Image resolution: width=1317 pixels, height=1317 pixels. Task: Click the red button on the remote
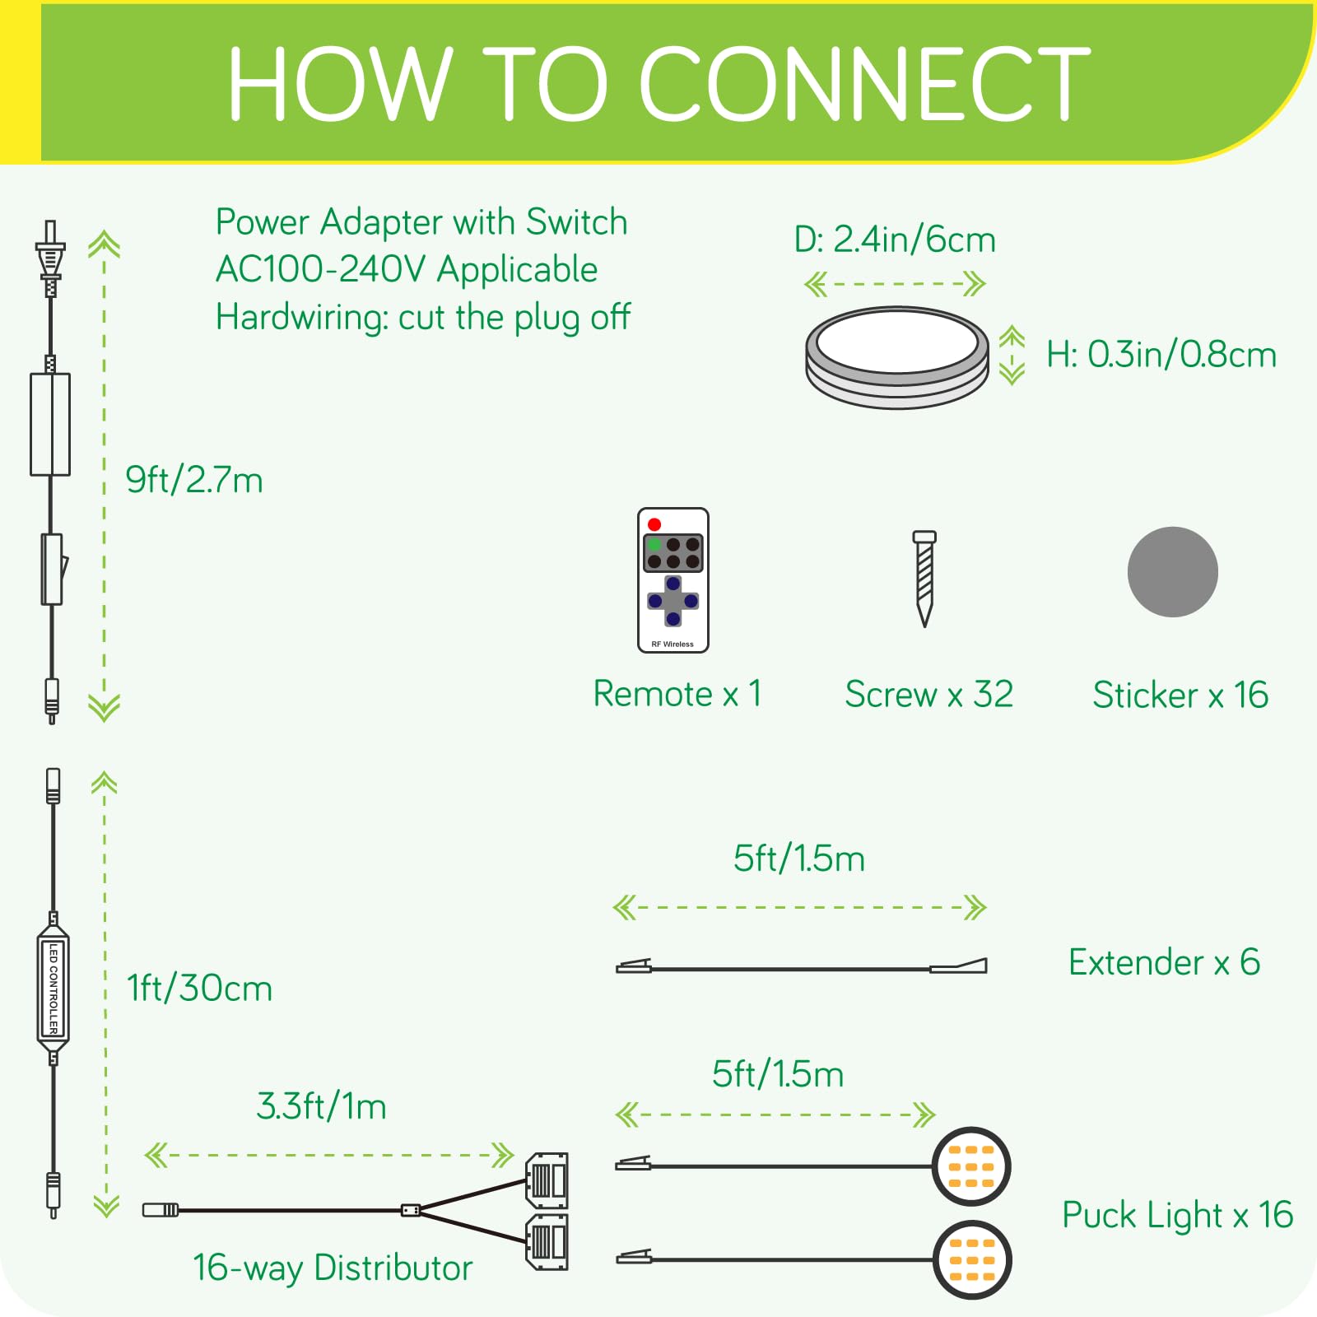coord(654,524)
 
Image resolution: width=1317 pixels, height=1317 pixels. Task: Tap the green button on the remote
coord(654,545)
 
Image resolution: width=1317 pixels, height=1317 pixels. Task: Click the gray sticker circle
coord(1172,572)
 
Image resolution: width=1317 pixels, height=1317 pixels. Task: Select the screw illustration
coord(924,578)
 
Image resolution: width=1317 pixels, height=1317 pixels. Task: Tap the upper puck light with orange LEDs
coord(971,1166)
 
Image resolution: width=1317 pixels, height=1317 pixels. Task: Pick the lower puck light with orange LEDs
coord(972,1259)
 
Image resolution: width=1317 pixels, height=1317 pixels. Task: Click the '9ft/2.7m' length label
coord(194,480)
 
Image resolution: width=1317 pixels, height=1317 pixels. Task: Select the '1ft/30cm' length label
coord(199,989)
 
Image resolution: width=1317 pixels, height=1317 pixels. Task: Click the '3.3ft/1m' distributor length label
coord(322,1106)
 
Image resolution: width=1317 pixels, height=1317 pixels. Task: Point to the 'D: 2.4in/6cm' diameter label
coord(895,240)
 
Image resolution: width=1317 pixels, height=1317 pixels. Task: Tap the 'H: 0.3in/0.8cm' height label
coord(1161,355)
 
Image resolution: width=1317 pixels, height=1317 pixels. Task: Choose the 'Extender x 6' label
coord(1164,962)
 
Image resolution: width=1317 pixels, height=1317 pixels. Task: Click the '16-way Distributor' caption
coord(333,1268)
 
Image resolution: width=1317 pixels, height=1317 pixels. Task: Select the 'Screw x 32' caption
coord(928,695)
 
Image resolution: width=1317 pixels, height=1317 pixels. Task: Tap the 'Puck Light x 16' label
coord(1177,1216)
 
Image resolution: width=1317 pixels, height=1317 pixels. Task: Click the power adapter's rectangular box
coord(50,424)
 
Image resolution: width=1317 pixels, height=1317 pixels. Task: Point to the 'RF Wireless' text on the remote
coord(672,644)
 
